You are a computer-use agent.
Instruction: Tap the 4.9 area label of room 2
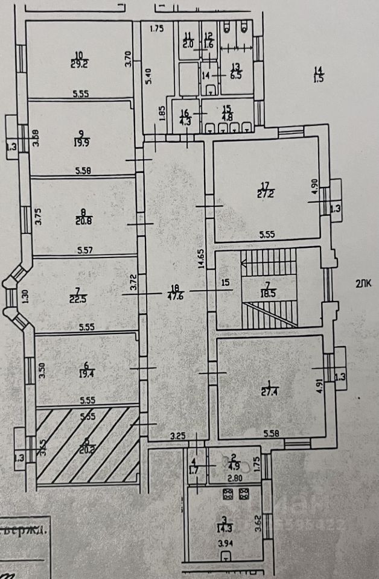(231, 465)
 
